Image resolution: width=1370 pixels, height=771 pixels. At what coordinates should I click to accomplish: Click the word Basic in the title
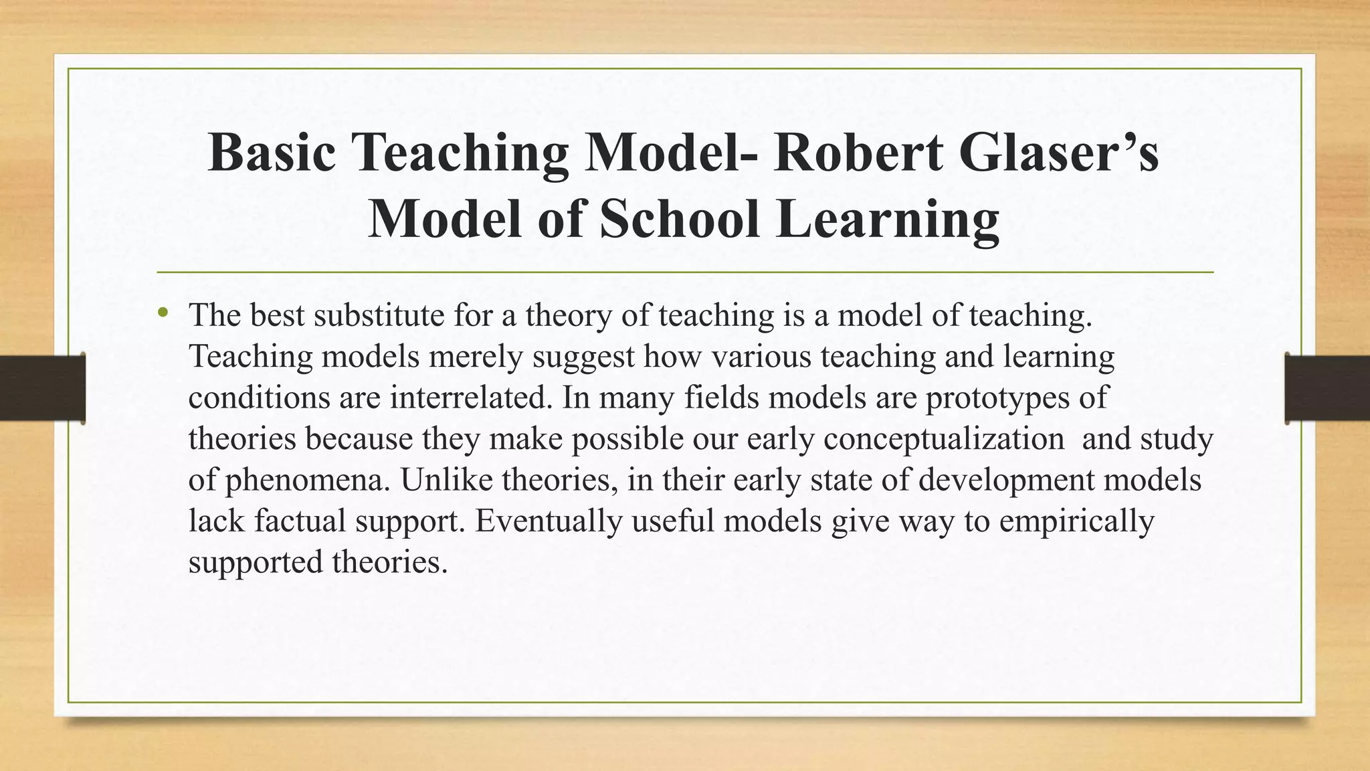[x=272, y=153]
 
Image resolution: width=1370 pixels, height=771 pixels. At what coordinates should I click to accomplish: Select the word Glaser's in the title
[x=1059, y=153]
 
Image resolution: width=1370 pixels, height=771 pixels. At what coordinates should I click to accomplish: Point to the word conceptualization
[x=944, y=440]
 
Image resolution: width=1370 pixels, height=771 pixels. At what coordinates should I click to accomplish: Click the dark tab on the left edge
[x=42, y=388]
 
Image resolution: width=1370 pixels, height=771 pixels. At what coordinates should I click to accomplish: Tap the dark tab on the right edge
[x=1327, y=388]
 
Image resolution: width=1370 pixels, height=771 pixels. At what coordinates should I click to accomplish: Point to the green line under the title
[x=685, y=272]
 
